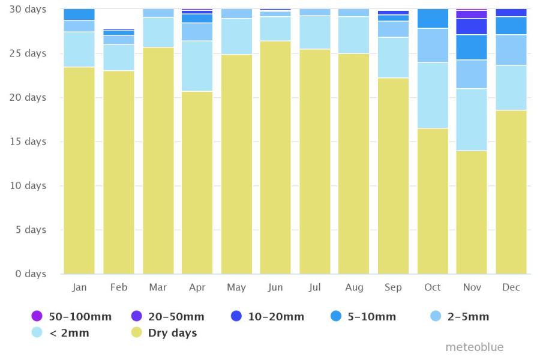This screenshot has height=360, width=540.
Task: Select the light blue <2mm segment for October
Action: click(433, 95)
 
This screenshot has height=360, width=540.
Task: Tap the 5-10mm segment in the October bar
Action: click(433, 19)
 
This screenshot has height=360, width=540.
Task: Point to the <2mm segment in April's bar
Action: click(197, 66)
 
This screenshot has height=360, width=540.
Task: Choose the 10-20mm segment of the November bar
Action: click(472, 26)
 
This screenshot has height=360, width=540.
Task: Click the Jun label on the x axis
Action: click(275, 287)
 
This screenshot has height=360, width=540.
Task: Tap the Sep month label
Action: click(393, 287)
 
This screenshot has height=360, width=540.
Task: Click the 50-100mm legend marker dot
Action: click(37, 316)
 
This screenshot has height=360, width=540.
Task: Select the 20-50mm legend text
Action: click(176, 317)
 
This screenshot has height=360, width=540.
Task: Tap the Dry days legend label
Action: click(172, 333)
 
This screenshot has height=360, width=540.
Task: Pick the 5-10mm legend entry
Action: click(371, 317)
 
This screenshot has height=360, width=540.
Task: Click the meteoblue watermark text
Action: click(474, 347)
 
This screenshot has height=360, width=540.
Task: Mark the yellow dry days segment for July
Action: click(315, 161)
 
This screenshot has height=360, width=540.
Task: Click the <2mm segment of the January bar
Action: click(79, 49)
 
